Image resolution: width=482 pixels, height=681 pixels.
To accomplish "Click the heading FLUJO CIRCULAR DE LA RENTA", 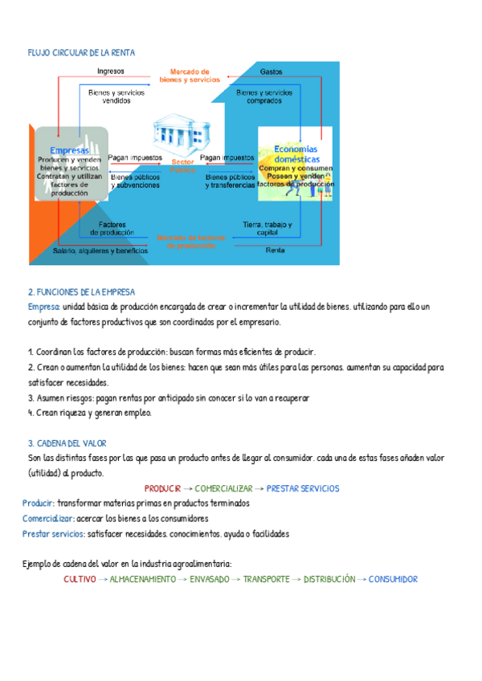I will (x=81, y=52).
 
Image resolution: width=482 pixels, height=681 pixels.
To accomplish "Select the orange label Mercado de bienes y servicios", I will (x=184, y=75).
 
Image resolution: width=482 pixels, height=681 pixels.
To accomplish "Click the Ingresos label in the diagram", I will (x=110, y=71).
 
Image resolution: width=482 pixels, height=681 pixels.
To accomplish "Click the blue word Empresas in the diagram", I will (x=69, y=150).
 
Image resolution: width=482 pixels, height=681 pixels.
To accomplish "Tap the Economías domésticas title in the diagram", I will (x=296, y=153).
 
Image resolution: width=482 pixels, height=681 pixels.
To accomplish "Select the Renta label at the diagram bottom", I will (x=276, y=250).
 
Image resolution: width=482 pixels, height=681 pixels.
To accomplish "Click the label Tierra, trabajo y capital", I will (x=268, y=228).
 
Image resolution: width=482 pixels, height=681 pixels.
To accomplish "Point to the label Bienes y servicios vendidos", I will (x=116, y=97).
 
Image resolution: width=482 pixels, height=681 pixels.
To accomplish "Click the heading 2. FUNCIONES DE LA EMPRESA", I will (x=81, y=292).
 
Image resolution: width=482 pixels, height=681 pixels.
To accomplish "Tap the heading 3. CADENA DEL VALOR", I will (x=67, y=442).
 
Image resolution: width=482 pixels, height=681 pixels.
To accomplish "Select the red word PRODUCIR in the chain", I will (x=162, y=488).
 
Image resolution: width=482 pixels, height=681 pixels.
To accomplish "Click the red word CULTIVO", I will (x=80, y=579).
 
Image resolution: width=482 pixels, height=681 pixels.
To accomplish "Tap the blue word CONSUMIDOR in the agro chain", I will (x=393, y=579).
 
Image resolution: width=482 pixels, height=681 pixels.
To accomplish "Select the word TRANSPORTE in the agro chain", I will (x=266, y=579).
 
